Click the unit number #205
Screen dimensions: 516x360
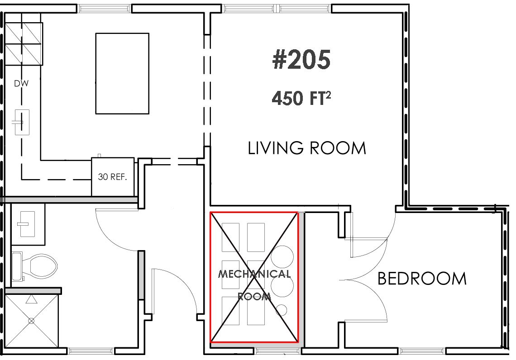tap(301, 60)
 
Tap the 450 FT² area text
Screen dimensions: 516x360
tap(301, 98)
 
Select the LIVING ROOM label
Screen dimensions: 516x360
tap(307, 148)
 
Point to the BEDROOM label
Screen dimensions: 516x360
tap(422, 279)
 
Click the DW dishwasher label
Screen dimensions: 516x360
tap(21, 84)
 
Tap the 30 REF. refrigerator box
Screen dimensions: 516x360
tap(113, 177)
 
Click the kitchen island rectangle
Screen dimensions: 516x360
tap(122, 73)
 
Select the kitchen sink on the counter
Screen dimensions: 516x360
tap(22, 122)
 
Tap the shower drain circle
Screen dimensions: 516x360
tap(31, 321)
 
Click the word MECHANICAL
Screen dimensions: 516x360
tap(254, 274)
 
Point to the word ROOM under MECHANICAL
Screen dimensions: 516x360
tap(254, 297)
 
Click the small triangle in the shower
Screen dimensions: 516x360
tap(32, 299)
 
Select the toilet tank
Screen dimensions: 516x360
tap(17, 266)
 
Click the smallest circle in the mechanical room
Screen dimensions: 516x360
tap(282, 310)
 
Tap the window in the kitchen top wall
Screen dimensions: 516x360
tap(105, 9)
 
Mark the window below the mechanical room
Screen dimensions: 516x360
tap(278, 351)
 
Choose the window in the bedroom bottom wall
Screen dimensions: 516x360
tap(423, 351)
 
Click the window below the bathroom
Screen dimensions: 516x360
tap(91, 351)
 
